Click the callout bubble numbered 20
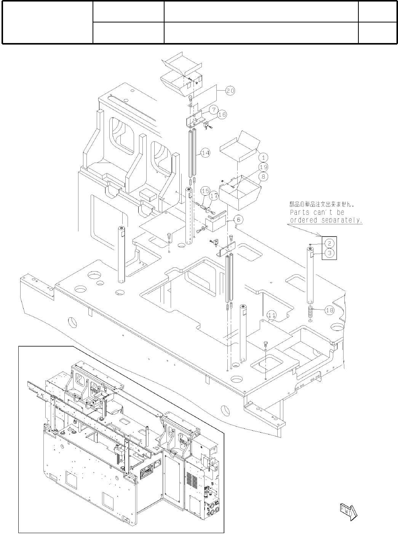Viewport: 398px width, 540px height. tap(230, 91)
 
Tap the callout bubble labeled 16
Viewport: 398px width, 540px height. tap(222, 114)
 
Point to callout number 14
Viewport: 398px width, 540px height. tap(205, 153)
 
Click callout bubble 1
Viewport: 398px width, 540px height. tap(263, 157)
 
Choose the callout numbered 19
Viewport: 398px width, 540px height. tap(263, 167)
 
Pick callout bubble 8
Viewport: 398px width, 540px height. tap(263, 176)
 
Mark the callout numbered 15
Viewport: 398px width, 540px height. tap(205, 190)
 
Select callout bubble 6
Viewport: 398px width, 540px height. tap(238, 219)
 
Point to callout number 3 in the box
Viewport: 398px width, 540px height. tap(330, 252)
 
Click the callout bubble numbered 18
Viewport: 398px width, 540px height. tap(330, 310)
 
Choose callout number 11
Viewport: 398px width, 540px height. tap(271, 315)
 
